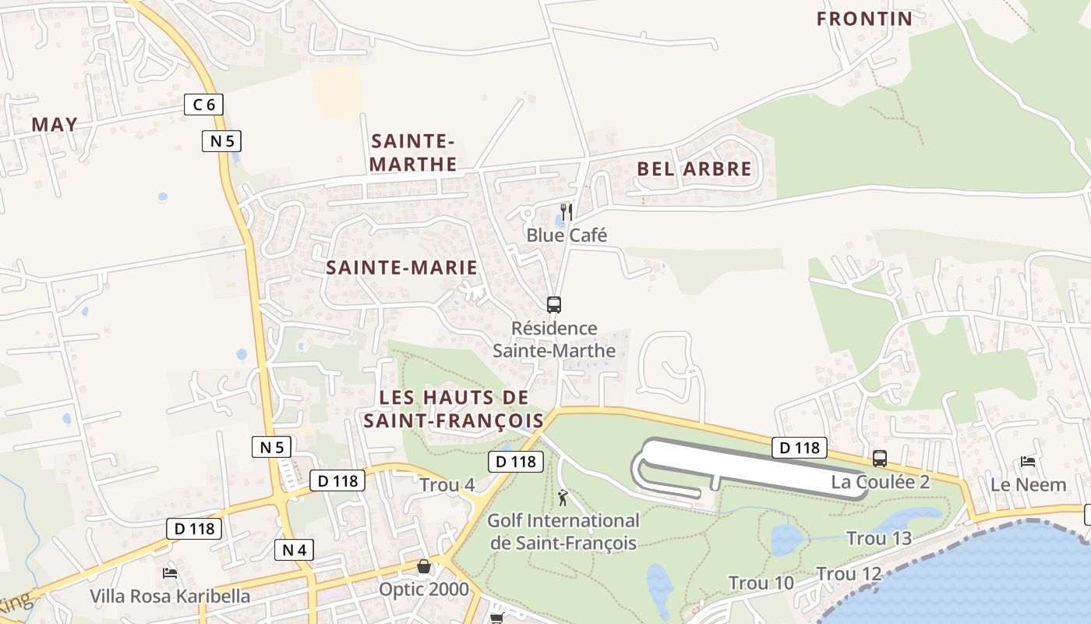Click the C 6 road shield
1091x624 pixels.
[203, 104]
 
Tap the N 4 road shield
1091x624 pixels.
[294, 550]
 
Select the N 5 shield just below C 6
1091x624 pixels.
[222, 141]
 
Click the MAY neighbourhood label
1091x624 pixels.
[55, 124]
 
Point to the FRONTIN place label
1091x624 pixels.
[864, 19]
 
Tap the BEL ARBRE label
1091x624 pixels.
[694, 169]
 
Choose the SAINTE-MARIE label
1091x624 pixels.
[401, 268]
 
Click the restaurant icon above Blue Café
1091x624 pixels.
[567, 211]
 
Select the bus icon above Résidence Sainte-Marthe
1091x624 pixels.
[554, 305]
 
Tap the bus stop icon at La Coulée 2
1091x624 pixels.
[880, 459]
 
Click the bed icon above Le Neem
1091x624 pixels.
[1028, 462]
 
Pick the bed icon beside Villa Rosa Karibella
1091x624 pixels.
[170, 573]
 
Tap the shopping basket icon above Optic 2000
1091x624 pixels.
[423, 565]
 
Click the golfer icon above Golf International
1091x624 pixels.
[563, 497]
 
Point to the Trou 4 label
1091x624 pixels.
[447, 485]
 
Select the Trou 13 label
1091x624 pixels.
[878, 538]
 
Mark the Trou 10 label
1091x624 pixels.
[761, 583]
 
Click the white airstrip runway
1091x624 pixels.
[748, 465]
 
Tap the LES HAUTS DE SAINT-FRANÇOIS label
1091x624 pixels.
[453, 409]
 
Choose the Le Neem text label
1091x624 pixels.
[1028, 484]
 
